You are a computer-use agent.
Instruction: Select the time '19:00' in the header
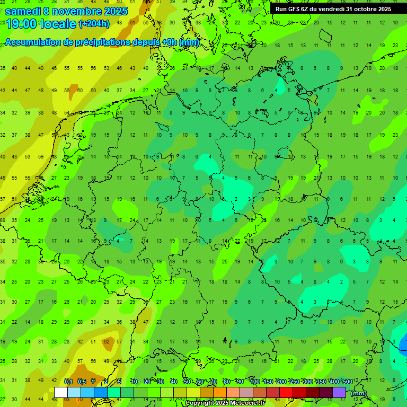21,24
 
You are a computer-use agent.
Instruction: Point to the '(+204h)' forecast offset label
94,24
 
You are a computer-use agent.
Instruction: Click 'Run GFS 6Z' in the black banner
293,9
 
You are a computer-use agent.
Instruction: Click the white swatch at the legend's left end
61,392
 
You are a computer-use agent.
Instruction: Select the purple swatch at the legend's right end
339,392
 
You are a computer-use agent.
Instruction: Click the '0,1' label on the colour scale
68,382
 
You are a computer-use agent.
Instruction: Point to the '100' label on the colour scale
254,382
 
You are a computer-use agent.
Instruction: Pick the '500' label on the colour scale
347,382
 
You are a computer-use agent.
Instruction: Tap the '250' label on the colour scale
294,382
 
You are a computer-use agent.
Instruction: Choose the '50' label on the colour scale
187,382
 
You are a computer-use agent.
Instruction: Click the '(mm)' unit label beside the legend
359,393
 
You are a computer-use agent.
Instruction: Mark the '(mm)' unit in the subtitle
189,42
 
